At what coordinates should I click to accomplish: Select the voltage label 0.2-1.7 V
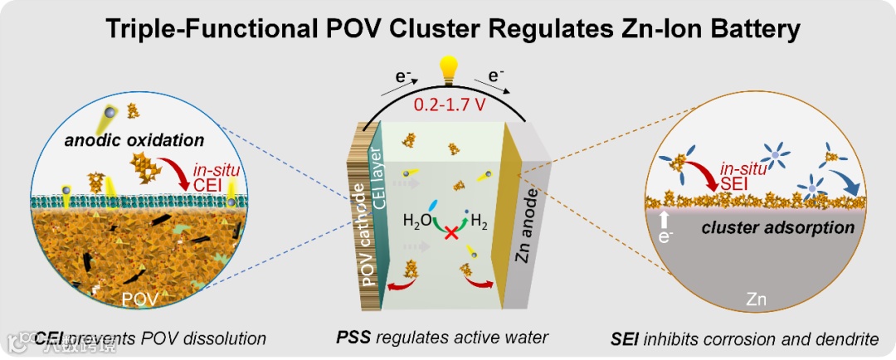point(450,106)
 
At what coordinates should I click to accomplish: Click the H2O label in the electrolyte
point(417,221)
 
